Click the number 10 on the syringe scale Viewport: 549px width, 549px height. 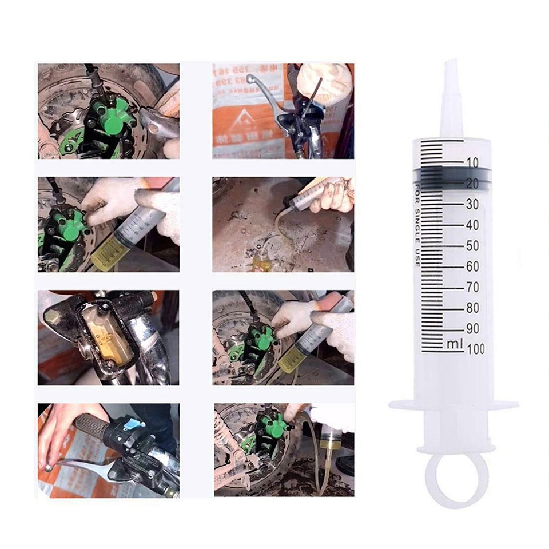(472, 163)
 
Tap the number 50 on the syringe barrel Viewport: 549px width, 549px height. (472, 246)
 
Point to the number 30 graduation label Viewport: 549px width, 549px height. (472, 204)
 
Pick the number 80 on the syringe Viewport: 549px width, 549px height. (472, 308)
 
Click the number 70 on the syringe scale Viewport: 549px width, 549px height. (472, 287)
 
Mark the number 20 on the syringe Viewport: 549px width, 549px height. (472, 184)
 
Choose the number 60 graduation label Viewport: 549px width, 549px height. (472, 266)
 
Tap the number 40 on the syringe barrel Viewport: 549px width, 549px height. (472, 225)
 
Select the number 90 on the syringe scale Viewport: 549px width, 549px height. (472, 328)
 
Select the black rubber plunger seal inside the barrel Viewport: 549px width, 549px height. (452, 176)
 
